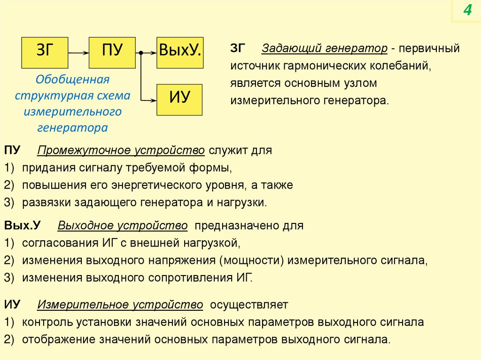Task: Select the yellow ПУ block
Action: [112, 52]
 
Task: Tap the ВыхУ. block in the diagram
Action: [179, 52]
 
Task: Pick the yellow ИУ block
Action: [179, 100]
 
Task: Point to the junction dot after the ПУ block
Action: [140, 53]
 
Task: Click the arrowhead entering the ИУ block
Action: [153, 100]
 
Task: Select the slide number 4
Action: [467, 10]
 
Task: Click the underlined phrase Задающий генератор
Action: [325, 48]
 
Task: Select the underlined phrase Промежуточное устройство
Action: [121, 151]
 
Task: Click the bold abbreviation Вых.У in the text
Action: [23, 226]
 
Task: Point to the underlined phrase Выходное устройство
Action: [123, 226]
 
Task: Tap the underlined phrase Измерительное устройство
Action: [120, 305]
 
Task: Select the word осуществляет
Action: [249, 305]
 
